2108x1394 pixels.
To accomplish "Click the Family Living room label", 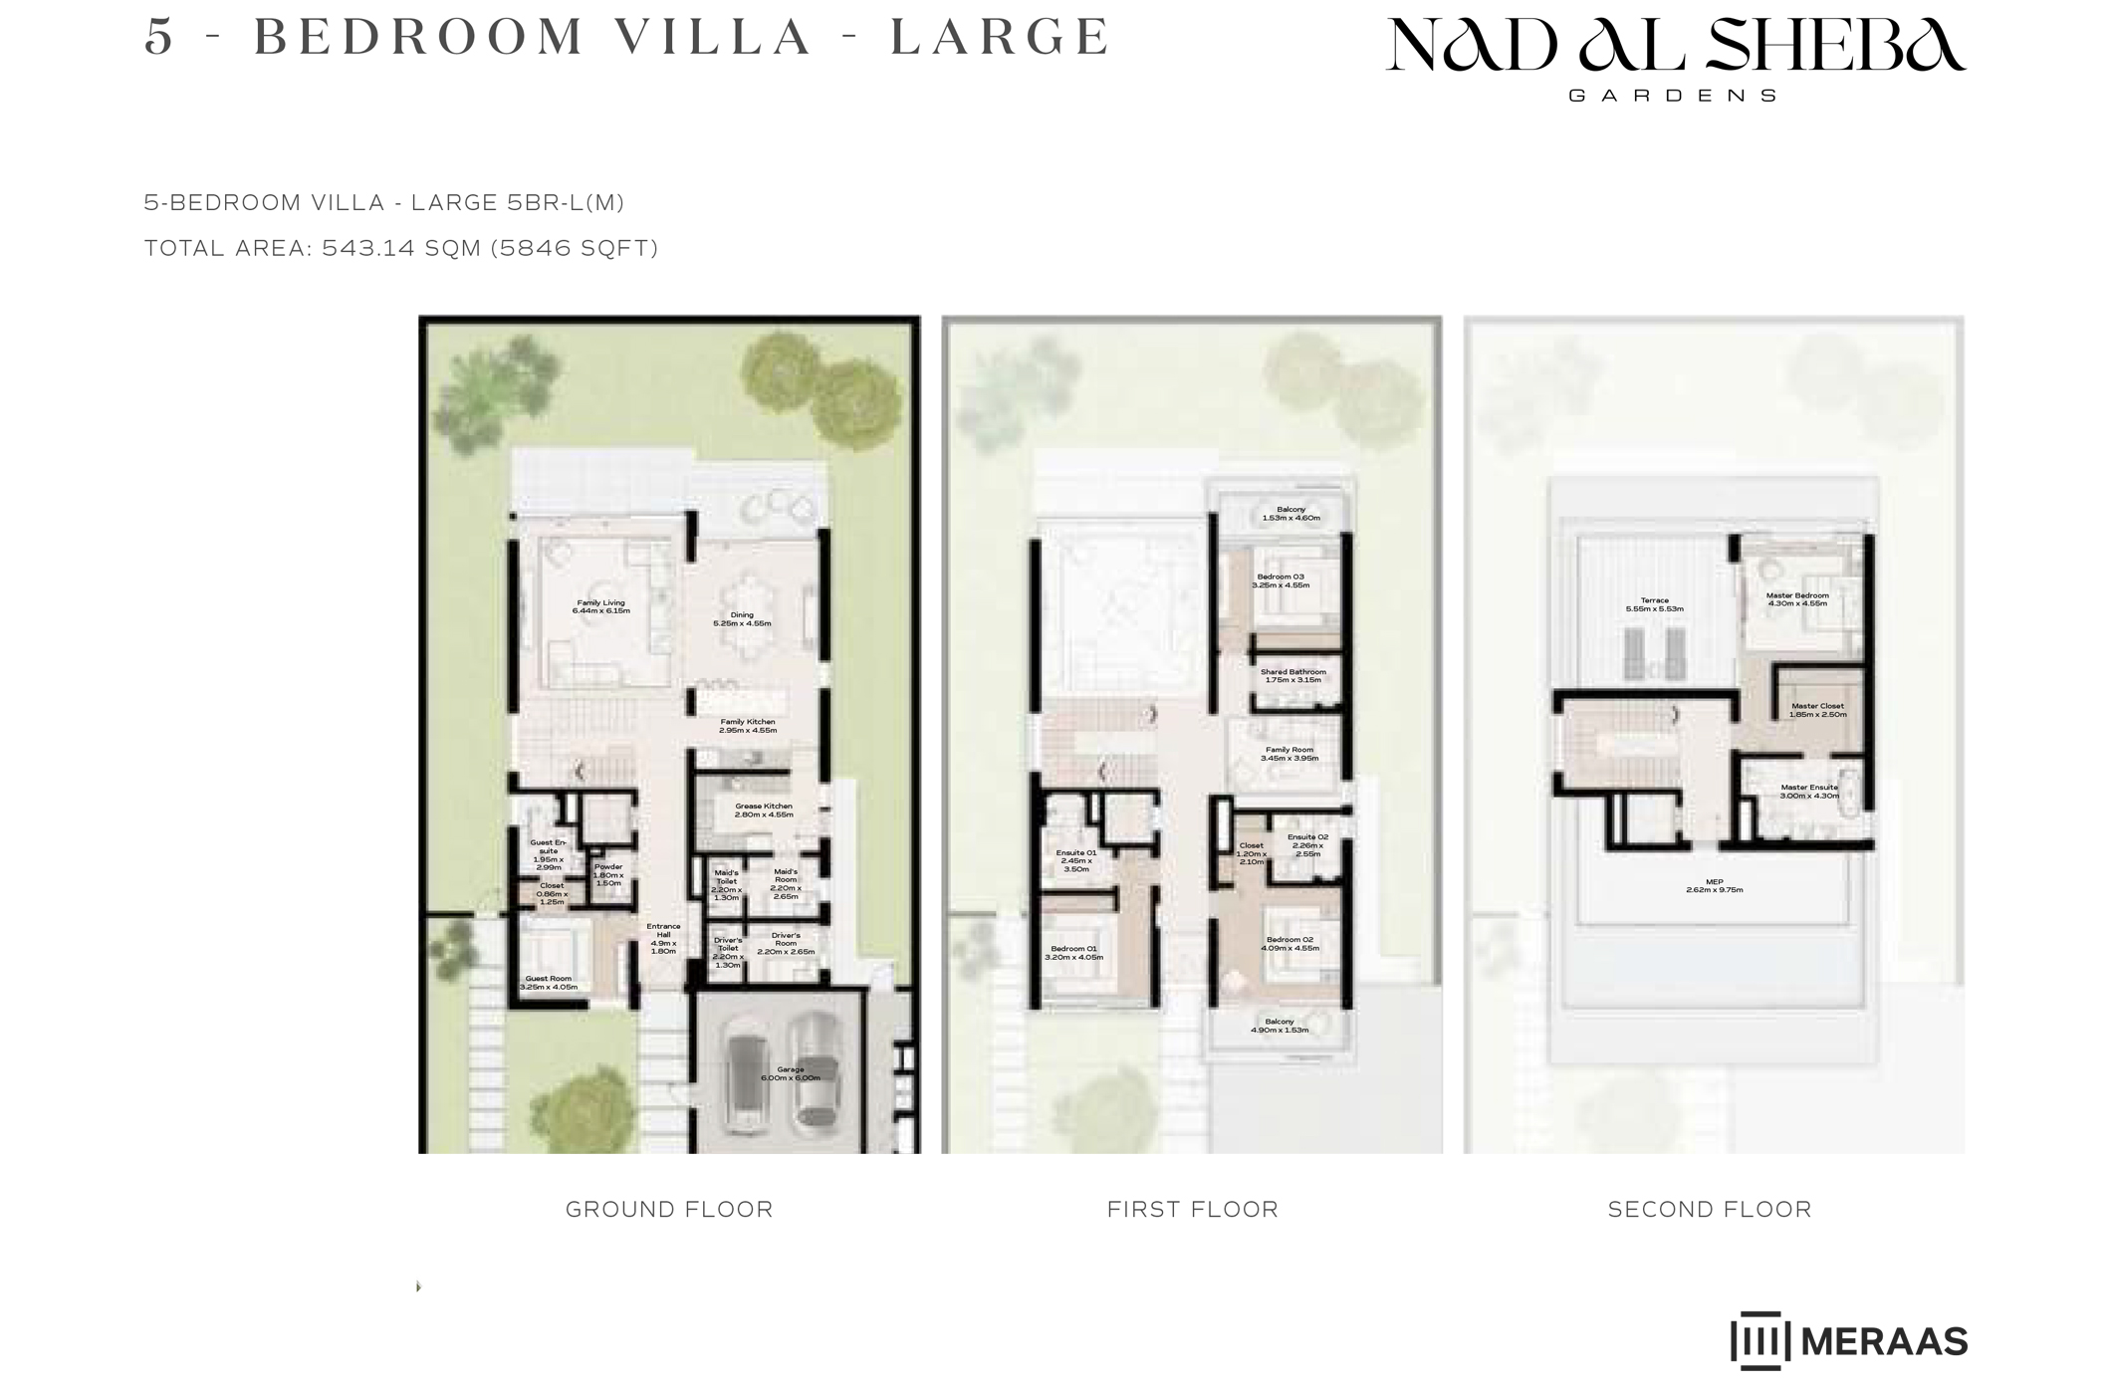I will point(600,606).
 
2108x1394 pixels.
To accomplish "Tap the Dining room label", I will point(742,619).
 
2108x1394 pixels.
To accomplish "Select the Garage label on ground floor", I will point(791,1073).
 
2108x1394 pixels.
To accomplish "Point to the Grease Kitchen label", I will point(764,811).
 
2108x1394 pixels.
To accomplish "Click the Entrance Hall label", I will point(663,938).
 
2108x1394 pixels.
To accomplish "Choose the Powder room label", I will point(607,874).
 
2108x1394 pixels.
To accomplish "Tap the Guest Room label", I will point(549,983).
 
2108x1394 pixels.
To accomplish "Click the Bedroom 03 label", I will point(1281,581).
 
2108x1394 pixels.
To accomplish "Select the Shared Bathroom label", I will point(1292,676).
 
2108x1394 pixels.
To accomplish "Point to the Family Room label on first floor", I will point(1288,754).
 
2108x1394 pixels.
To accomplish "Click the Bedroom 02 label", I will point(1289,944).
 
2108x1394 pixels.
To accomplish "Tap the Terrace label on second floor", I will point(1654,604).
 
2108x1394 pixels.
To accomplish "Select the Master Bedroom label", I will point(1797,599).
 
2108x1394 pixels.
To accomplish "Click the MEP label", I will point(1714,885).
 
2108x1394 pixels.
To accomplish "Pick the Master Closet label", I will point(1817,710).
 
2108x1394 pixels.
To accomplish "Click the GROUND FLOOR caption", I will point(669,1209).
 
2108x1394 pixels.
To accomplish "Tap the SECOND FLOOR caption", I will point(1710,1209).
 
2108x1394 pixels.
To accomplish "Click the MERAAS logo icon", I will point(1759,1340).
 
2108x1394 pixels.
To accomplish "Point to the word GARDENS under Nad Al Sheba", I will point(1673,97).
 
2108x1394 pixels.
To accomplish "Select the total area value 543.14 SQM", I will point(401,248).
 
